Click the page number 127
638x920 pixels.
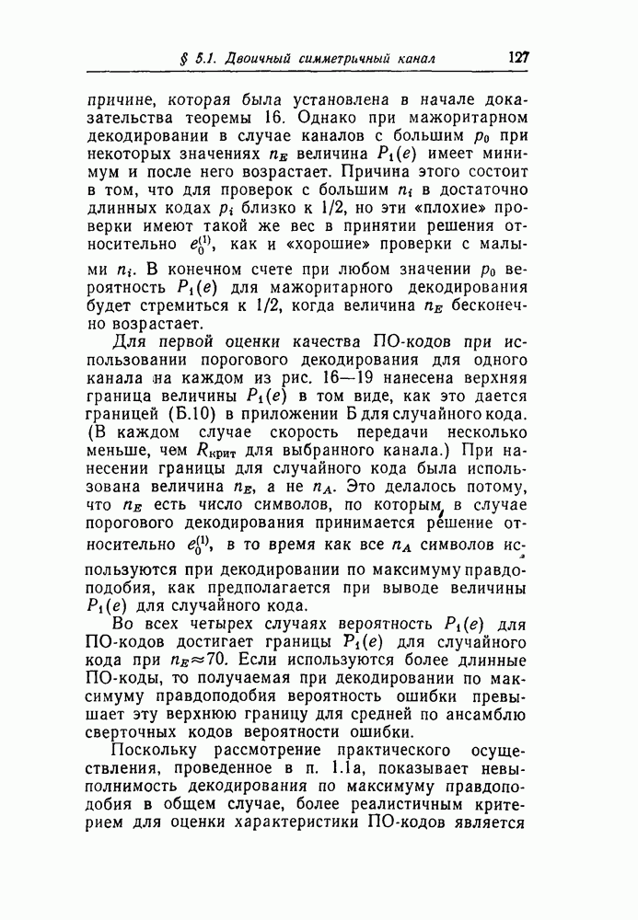(517, 57)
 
